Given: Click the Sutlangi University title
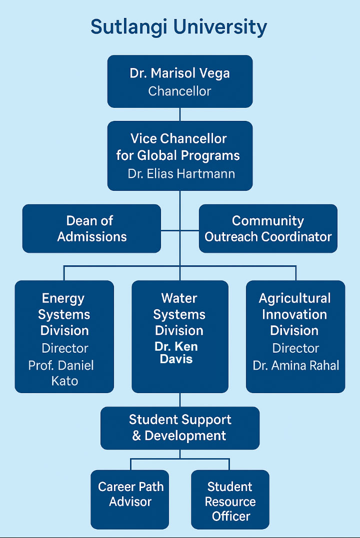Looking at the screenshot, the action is point(178,27).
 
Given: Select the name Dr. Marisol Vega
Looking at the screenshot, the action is point(179,73).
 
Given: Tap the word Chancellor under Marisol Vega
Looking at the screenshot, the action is point(179,91).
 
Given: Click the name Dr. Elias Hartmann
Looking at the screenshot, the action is point(181,174).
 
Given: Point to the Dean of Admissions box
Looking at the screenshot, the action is point(91,228).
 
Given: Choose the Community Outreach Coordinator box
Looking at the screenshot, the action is point(268,228).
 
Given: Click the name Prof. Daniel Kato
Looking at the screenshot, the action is point(61,373).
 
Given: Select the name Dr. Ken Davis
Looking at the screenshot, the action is point(176,353).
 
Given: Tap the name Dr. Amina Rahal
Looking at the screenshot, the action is point(296,366).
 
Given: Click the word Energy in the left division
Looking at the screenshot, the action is point(63,299).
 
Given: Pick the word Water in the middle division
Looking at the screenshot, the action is point(179,298).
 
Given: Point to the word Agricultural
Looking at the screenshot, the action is point(294,299).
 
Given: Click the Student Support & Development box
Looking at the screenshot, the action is point(180,428).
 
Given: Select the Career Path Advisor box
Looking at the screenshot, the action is point(130,499).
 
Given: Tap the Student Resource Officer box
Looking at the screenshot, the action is point(230,499).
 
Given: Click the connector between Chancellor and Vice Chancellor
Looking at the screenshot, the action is point(180,114).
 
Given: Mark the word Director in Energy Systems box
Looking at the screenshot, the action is point(65,348).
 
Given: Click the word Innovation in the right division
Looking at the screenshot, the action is point(294,315).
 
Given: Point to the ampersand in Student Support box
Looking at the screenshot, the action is point(136,436).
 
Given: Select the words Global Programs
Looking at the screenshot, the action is point(188,156).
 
